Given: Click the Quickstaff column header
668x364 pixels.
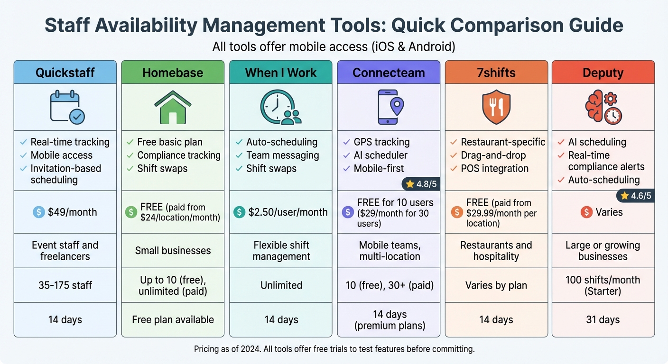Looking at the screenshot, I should pos(65,73).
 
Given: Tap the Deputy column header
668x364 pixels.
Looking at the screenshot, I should pos(603,73).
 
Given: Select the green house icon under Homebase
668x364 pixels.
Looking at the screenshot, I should pos(173,107).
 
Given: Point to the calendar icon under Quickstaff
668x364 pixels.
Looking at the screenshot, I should pos(67,107).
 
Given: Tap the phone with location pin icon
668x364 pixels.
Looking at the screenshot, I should pos(390,107).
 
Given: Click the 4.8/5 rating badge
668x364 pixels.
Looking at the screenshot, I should pos(421,183).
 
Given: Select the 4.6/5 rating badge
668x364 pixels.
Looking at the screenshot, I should pos(635,195).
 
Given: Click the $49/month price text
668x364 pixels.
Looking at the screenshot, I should pos(72,212).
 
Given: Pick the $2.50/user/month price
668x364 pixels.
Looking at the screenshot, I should pos(288,212).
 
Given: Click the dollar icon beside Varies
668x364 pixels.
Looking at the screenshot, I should pos(586,212).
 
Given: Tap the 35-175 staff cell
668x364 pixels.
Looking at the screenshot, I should pos(65,285).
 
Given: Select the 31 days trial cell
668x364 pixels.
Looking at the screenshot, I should pos(603,319).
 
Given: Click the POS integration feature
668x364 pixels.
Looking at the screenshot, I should pos(495,168).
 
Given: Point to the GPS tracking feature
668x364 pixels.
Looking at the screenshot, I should pos(381,142).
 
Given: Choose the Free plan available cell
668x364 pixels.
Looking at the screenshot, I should pos(173,319).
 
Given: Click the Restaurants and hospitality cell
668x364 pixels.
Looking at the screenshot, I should pos(496,251).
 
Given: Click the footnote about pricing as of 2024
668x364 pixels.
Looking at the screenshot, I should pos(334,349).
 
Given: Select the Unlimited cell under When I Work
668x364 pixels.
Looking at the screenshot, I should pos(281,285).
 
